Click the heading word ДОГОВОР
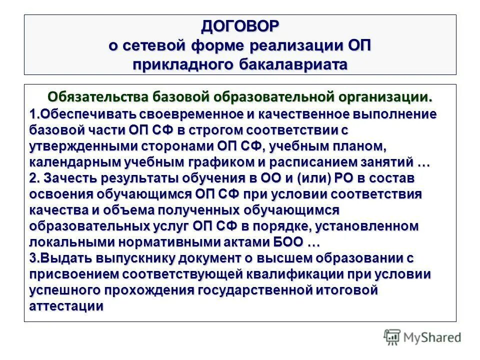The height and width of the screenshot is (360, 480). click(x=240, y=26)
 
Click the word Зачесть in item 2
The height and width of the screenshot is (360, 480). click(x=69, y=178)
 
